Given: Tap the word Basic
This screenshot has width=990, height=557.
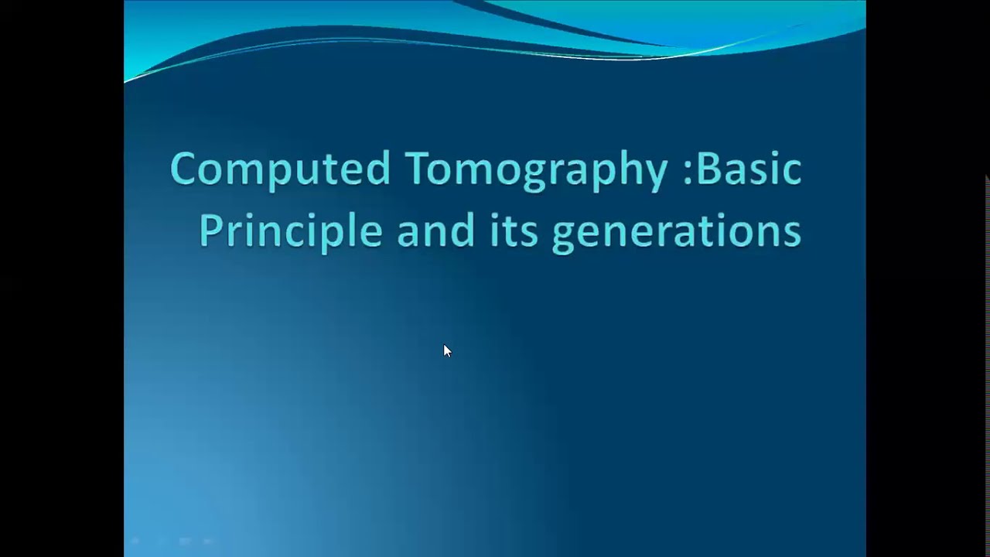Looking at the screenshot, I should [749, 169].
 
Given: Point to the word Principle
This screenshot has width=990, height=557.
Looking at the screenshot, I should [290, 231].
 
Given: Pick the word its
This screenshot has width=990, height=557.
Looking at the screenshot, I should [514, 231].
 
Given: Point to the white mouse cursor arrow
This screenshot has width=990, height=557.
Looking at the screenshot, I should [446, 350].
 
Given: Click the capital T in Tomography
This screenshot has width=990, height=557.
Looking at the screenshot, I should [416, 169].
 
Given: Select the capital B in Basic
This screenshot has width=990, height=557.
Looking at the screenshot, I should [708, 169].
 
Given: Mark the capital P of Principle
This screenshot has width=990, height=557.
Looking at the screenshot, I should [211, 231].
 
